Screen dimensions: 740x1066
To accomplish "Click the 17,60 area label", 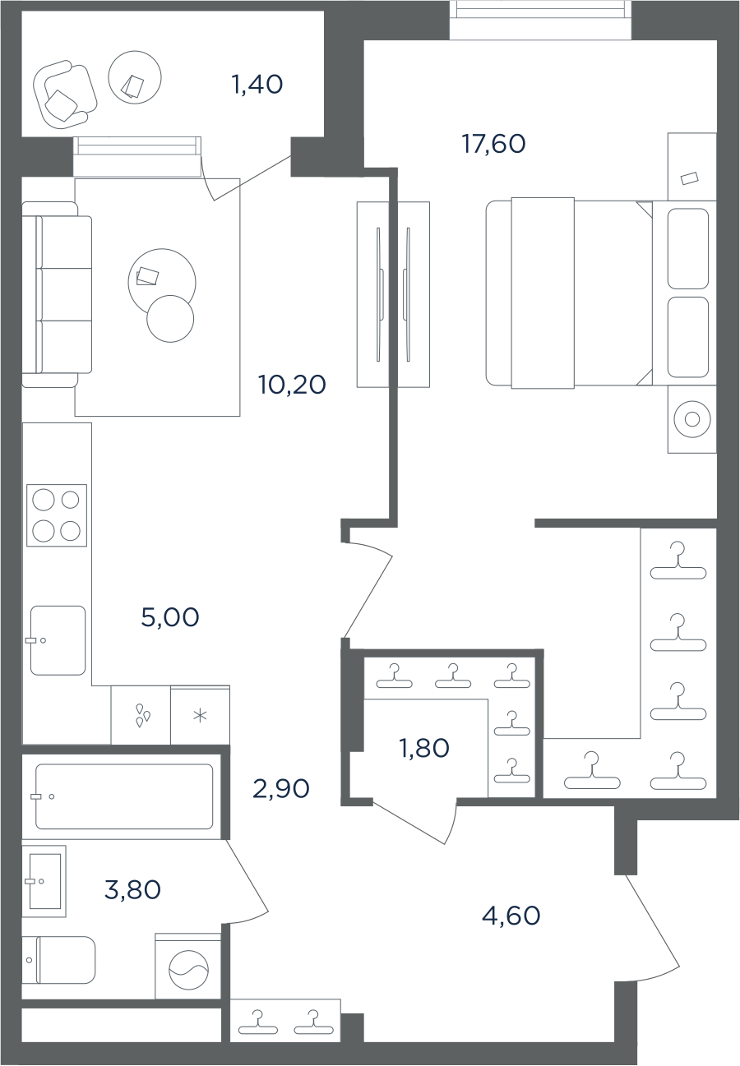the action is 494,144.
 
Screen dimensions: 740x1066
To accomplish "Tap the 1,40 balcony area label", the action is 257,85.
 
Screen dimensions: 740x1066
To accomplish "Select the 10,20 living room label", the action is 292,385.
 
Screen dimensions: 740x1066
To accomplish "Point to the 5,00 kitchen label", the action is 170,618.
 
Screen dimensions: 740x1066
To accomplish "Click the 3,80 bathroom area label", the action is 132,890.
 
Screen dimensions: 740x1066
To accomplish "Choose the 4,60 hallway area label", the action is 511,916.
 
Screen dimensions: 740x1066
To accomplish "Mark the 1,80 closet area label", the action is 424,748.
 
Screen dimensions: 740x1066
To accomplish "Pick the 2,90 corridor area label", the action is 281,789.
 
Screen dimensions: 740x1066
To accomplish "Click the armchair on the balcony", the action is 65,95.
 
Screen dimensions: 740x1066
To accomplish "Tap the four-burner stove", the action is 57,515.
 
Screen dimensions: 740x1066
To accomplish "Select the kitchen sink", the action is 58,640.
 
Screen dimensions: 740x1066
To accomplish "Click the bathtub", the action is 124,796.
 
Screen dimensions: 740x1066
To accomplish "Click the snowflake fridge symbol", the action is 200,715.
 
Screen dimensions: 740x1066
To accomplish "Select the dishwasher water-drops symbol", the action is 142,715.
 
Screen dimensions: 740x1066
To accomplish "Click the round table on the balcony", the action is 135,77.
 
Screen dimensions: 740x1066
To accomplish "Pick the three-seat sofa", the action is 57,294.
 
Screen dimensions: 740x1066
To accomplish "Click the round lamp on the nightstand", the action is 692,420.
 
